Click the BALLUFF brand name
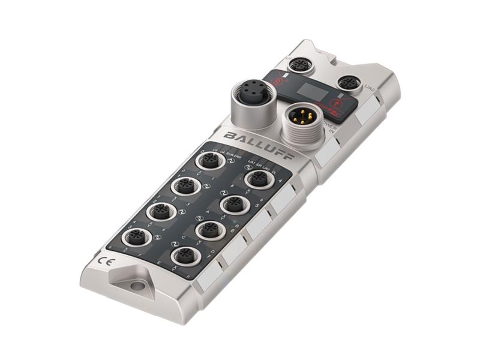click(258, 144)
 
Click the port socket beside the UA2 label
click(347, 83)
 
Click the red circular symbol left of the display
click(277, 79)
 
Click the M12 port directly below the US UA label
click(209, 161)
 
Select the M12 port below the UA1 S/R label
click(259, 179)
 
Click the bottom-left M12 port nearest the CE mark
click(136, 238)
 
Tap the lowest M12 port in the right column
click(184, 257)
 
